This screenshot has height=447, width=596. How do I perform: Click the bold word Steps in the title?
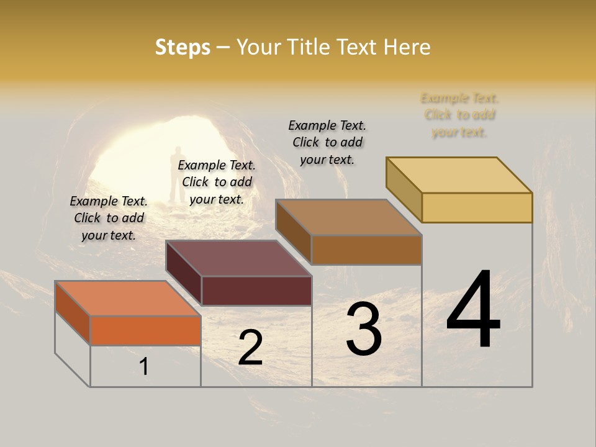183,47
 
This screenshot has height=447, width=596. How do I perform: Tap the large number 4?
473,310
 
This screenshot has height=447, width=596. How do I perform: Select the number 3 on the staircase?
363,330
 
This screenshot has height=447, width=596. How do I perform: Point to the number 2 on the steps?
250,348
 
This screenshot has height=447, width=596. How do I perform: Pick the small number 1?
144,366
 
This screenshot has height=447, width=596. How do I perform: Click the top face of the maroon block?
239,258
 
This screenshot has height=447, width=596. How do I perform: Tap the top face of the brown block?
349,217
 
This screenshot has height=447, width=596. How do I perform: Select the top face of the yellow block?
459,175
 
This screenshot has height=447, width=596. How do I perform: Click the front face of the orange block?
145,330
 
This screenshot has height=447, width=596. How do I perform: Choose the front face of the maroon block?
256,291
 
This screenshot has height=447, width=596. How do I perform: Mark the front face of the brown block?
366,250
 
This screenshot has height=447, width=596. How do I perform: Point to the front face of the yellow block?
477,207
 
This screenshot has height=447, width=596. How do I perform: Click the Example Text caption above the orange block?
109,218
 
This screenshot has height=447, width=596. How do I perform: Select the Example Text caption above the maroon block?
217,182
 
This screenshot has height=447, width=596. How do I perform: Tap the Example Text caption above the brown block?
327,142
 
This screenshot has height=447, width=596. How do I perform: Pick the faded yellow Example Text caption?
459,115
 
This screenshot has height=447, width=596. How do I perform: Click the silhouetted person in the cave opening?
179,174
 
